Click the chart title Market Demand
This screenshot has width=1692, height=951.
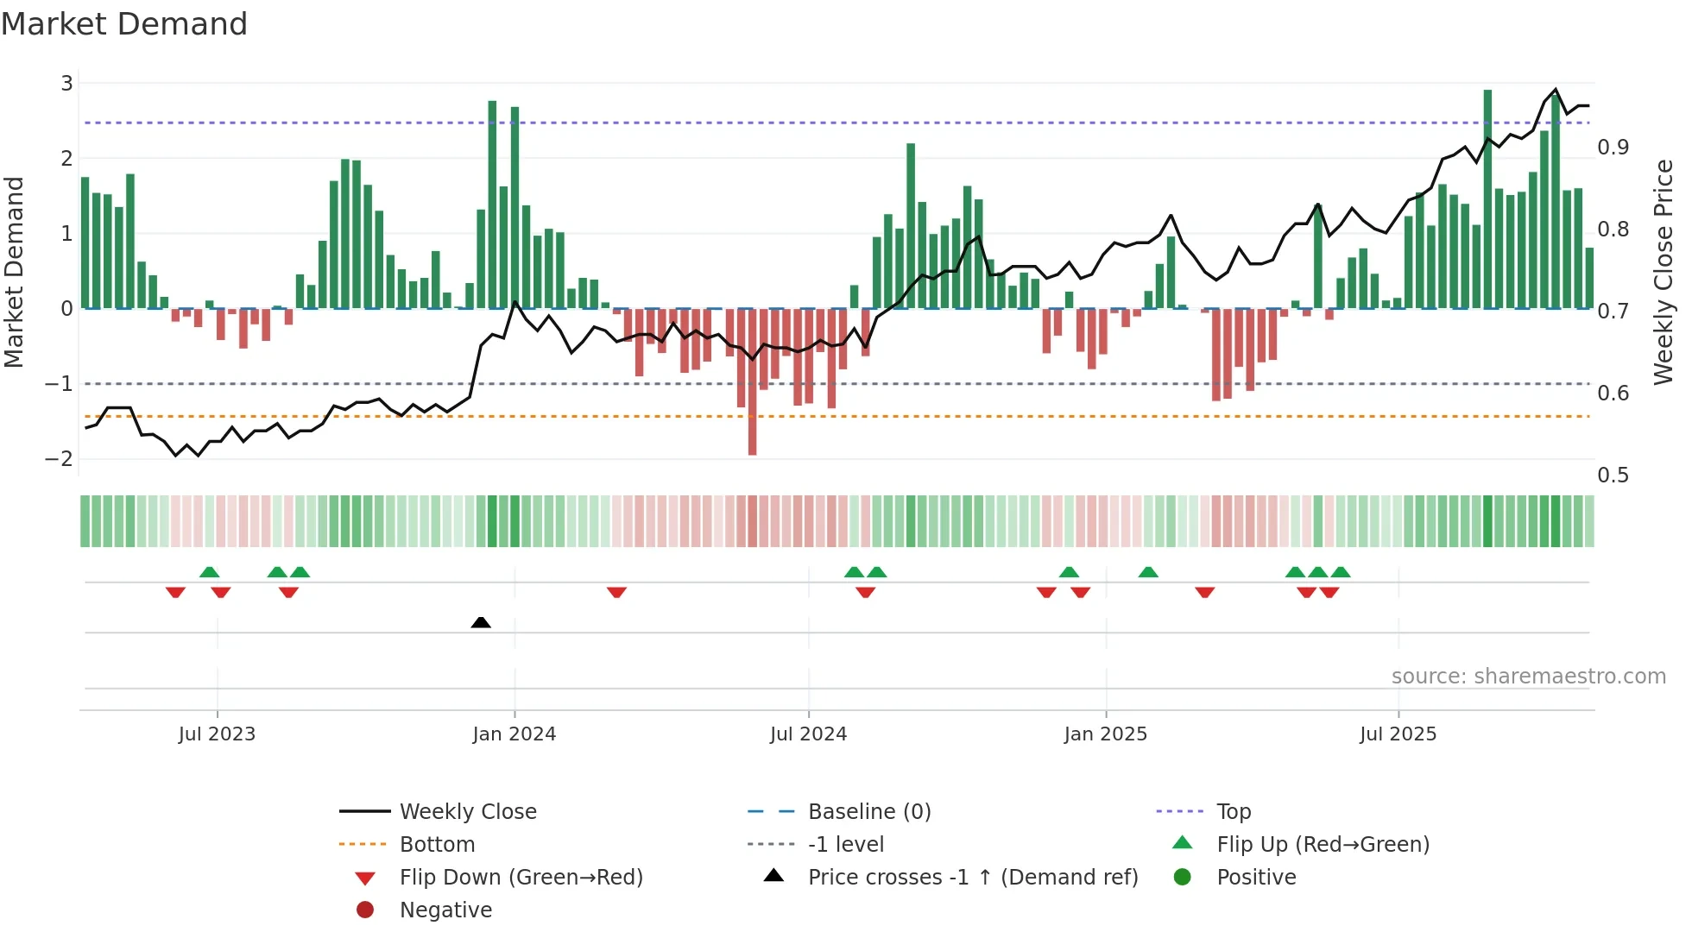(124, 24)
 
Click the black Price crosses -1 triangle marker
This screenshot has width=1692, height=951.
(481, 622)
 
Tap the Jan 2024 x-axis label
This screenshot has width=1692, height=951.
(514, 734)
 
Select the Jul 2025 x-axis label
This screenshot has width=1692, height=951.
(1398, 734)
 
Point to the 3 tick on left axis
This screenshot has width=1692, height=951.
(66, 84)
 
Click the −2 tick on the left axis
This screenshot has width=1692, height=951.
(60, 459)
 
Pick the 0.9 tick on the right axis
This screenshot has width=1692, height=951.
(1613, 148)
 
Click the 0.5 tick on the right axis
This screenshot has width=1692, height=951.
(1613, 475)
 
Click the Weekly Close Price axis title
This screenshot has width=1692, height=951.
(1663, 272)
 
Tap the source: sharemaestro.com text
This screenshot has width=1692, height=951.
(1528, 677)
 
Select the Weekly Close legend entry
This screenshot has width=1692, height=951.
(467, 812)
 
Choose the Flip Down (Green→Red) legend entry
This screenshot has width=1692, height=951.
(521, 878)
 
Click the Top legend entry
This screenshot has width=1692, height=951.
(1233, 812)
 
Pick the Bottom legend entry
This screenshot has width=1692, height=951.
(437, 845)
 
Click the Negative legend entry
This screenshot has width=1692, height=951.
(445, 910)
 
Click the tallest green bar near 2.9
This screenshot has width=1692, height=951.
(1487, 198)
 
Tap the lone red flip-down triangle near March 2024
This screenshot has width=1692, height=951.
(616, 592)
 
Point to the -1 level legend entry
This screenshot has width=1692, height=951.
(845, 845)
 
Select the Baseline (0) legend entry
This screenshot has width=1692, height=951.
(868, 812)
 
